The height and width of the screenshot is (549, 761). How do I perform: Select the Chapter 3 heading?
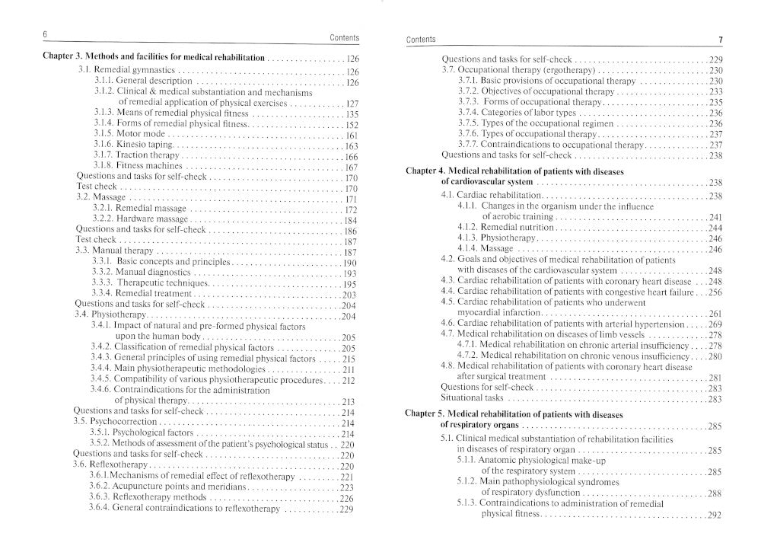pyautogui.click(x=153, y=58)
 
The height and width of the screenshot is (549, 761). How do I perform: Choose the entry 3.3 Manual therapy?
pyautogui.click(x=115, y=251)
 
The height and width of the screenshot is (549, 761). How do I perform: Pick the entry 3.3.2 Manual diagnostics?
pyautogui.click(x=142, y=273)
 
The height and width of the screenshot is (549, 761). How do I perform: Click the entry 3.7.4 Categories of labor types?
pyautogui.click(x=517, y=113)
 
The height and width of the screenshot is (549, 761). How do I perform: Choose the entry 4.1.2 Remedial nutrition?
pyautogui.click(x=506, y=228)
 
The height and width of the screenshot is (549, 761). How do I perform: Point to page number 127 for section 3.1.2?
pyautogui.click(x=351, y=103)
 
